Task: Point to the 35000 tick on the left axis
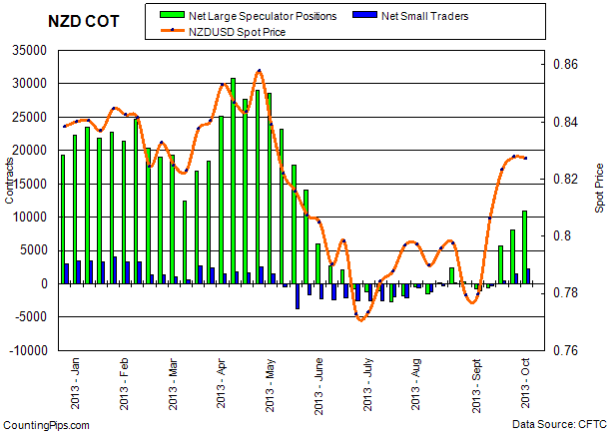click(28, 50)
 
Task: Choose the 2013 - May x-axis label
click(270, 384)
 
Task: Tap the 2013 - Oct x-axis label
click(525, 385)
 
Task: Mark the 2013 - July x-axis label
click(368, 384)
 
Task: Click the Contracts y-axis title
click(10, 200)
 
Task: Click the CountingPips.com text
click(45, 426)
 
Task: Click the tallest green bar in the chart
click(233, 180)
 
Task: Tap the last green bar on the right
click(525, 246)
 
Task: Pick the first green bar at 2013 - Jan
click(63, 219)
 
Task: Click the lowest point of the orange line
click(361, 318)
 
